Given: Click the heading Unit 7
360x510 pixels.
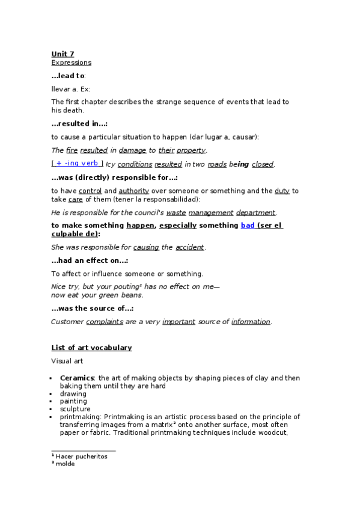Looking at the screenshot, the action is tap(63, 54).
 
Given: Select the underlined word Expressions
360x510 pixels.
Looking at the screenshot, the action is tap(71, 63).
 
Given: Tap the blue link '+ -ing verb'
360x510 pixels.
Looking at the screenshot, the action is tap(77, 164).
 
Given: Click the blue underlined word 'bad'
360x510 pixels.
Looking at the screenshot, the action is tap(248, 226).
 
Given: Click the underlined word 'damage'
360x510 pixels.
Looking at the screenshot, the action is tap(132, 150).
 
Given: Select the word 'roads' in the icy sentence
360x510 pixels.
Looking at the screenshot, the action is tap(217, 164).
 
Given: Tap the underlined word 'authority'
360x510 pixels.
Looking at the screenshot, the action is tap(134, 191).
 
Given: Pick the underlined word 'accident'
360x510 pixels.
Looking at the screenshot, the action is tap(190, 247).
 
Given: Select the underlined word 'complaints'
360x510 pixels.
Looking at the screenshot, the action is tap(105, 322).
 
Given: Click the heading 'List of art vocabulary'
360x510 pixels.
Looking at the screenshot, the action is tap(91, 348).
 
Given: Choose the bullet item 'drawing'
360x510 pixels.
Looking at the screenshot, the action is tap(73, 394).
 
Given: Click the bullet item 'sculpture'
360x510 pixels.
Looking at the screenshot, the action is tap(75, 409).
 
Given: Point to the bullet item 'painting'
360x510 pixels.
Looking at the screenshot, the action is tap(73, 401).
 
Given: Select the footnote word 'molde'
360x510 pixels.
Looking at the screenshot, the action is tap(65, 464).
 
